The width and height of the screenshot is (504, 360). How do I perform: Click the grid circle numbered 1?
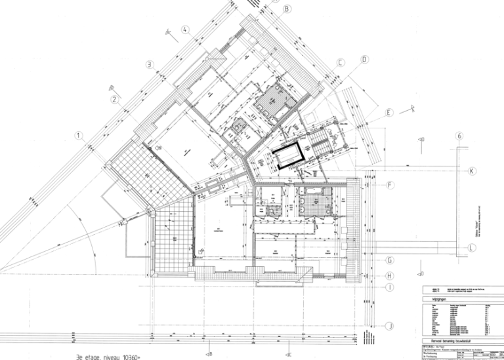[78, 136]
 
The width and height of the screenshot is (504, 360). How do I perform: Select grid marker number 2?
[114, 100]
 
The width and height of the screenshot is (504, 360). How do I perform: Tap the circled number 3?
[150, 64]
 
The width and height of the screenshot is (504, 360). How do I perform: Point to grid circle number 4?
[186, 30]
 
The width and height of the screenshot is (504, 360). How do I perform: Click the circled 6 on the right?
[459, 136]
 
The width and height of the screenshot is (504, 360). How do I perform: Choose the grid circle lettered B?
[287, 9]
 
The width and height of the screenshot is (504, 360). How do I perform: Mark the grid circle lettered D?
[364, 59]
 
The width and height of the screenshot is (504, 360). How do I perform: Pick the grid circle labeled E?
[388, 113]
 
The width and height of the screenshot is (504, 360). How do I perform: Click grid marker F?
[390, 186]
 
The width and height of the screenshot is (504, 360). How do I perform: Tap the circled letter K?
[471, 171]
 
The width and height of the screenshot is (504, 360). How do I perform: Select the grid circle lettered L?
[471, 247]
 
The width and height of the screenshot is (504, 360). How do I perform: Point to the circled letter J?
[389, 326]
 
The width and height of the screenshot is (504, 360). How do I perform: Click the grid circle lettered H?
[389, 275]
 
